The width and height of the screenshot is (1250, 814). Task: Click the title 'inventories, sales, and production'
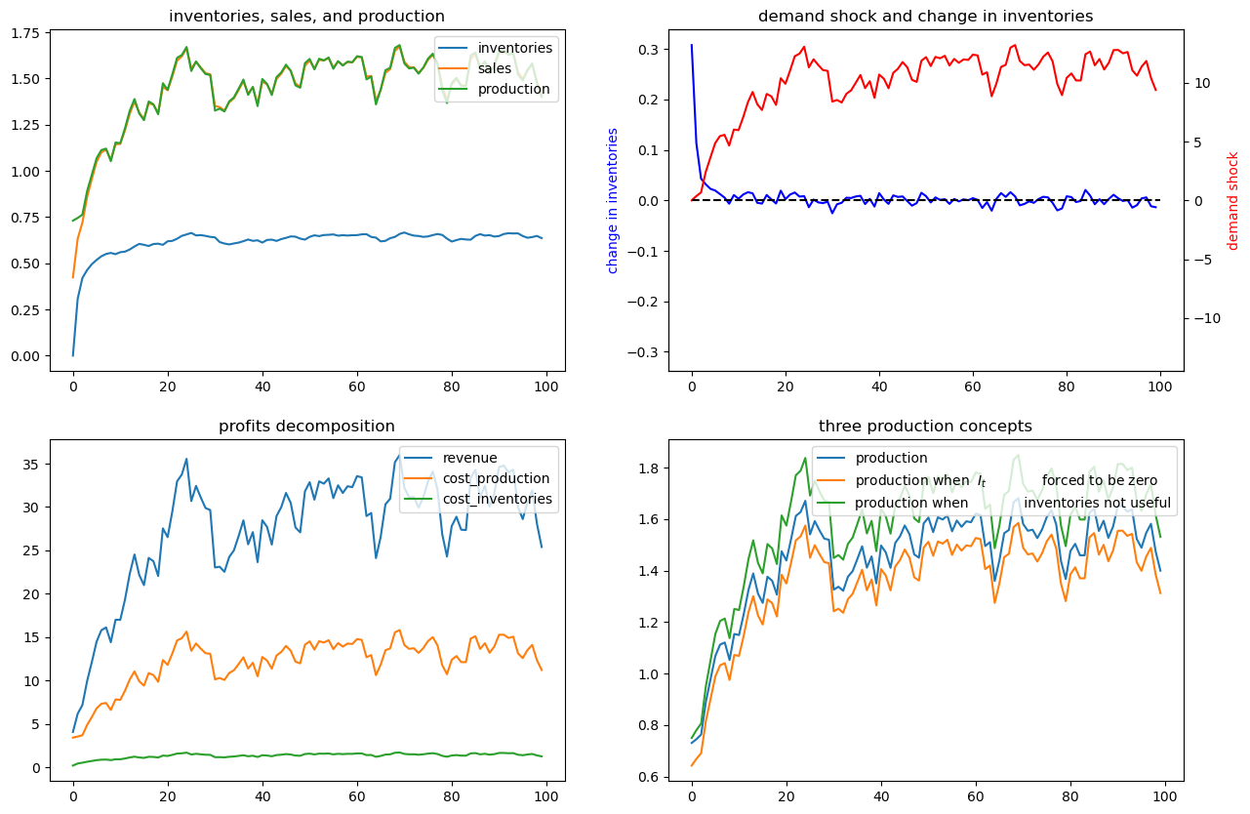click(306, 16)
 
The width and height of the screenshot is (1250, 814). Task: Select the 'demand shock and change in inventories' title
click(925, 16)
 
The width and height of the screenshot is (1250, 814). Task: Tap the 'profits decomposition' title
click(306, 426)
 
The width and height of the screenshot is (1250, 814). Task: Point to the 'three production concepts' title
click(925, 426)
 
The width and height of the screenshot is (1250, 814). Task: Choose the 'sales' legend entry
click(495, 68)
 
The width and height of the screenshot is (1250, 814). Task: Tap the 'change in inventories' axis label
click(613, 200)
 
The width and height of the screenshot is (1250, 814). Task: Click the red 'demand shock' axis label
click(1232, 200)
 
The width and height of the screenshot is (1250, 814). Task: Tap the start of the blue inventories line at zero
click(73, 355)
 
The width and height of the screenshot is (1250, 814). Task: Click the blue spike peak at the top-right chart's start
click(692, 45)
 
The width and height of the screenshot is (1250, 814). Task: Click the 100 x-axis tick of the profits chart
click(546, 795)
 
